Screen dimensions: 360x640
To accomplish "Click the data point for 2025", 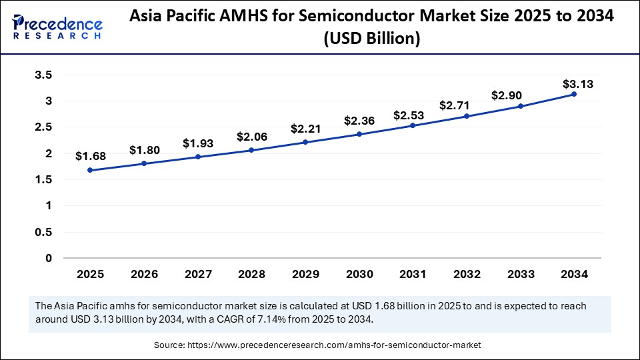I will click(x=90, y=170).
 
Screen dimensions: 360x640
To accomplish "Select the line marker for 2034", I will click(x=574, y=94).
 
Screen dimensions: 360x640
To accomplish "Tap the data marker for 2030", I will click(x=359, y=134).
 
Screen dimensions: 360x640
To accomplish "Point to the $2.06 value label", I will click(x=251, y=137).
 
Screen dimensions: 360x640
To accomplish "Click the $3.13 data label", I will click(x=577, y=84).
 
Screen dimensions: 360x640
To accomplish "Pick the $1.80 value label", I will click(x=144, y=150).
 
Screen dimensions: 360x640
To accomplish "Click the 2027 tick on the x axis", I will click(x=197, y=274).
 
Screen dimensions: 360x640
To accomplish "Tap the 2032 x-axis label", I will click(x=467, y=274).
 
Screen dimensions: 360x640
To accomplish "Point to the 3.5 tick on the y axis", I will click(x=43, y=75).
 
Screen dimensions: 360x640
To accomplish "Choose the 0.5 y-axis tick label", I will click(x=43, y=232).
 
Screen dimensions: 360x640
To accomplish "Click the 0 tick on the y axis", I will click(x=48, y=258).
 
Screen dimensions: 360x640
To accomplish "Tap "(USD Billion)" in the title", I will click(x=371, y=39).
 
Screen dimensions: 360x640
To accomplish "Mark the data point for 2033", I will click(x=520, y=106).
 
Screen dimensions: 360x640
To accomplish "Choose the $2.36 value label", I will click(x=359, y=121).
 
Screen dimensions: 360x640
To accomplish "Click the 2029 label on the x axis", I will click(x=305, y=274).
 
